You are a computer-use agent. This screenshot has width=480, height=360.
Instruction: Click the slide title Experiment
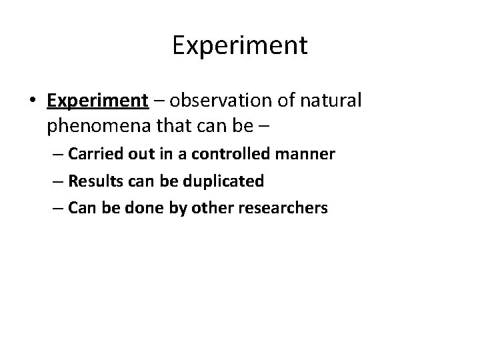240,45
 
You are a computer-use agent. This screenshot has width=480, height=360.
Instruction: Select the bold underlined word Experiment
97,101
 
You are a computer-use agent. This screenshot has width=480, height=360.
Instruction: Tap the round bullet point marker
33,101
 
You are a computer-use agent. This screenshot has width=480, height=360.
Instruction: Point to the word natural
332,101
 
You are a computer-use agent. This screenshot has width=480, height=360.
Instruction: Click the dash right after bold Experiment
158,101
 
